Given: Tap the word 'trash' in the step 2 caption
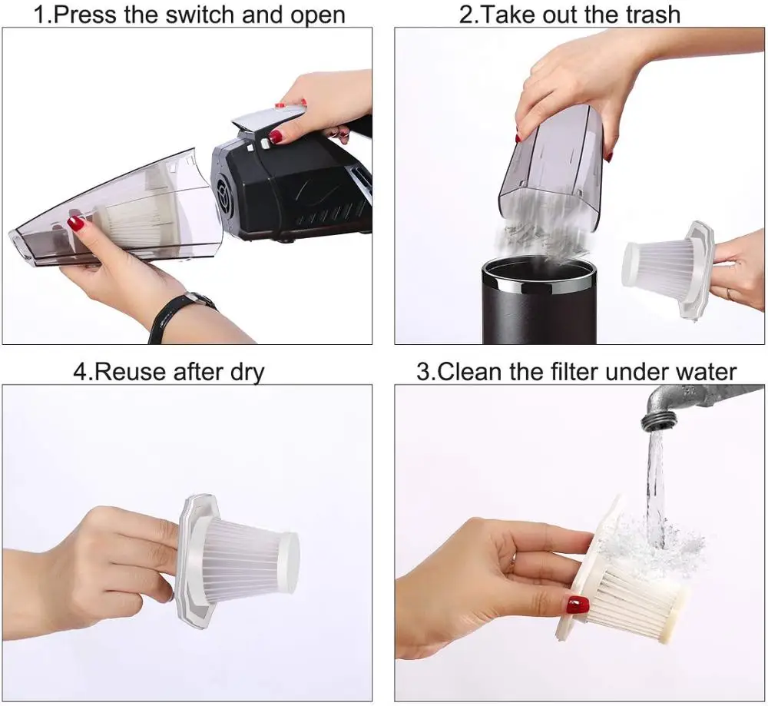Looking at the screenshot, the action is [650, 14].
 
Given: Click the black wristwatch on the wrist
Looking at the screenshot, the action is [180, 313].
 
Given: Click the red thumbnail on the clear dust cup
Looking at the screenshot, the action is [75, 224].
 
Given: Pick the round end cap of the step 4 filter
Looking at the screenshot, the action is [289, 562].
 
